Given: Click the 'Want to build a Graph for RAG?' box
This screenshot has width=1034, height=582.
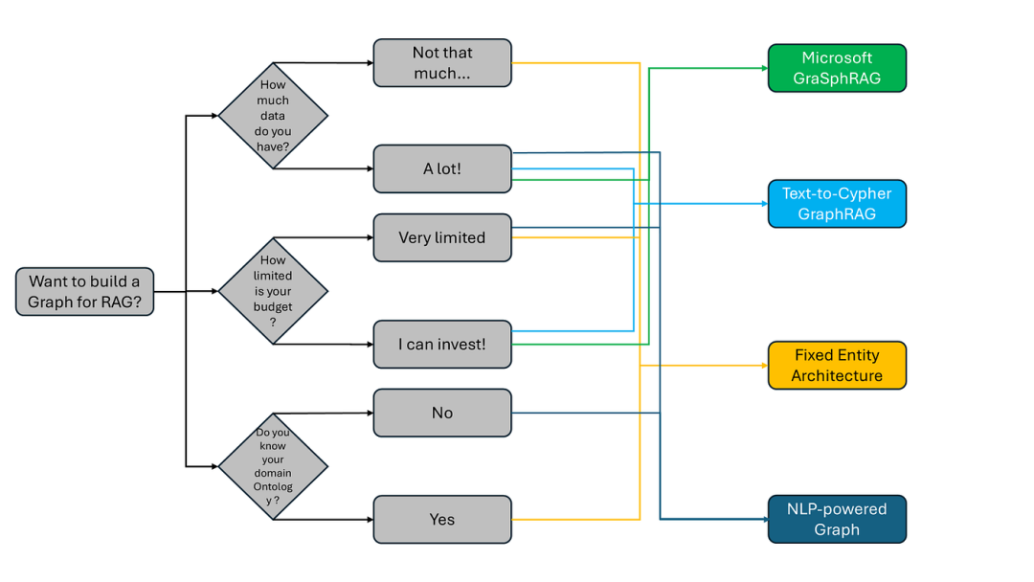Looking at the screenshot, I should pos(84,291).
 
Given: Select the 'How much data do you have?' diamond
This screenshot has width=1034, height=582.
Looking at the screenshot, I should pos(273,116).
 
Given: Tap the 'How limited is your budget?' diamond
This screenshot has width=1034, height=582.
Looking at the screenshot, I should pos(273,291).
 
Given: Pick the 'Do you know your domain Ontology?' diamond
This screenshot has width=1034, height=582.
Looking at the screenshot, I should pos(273,466).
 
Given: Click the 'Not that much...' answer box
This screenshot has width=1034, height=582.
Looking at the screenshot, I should pos(442,63).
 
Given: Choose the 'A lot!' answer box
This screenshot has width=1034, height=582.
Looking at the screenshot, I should pos(442,168).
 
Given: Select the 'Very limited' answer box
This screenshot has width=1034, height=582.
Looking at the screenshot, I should pos(442,237).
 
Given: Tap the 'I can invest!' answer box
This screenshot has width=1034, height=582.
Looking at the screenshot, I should pos(442,344).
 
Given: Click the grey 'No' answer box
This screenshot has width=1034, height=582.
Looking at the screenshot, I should pos(442,413).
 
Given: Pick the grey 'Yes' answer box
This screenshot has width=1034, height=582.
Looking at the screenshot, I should pos(442,519).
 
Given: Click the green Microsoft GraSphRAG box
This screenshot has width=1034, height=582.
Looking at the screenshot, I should pos(837,68).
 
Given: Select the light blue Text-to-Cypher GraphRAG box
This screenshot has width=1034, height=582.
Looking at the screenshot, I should pos(837,204).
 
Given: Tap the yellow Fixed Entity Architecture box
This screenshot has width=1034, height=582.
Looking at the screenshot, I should pos(837,365).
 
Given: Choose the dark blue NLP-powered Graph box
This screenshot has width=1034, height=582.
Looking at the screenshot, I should pos(837,519).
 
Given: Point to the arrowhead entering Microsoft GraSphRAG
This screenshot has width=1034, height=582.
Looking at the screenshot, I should pos(763,68).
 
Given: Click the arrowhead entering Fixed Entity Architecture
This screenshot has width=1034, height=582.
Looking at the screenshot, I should pos(763,365).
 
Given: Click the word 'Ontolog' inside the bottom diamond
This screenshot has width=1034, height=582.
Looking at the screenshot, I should pos(273,486).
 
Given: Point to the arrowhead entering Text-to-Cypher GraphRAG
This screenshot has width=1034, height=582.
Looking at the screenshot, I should pos(763,204).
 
